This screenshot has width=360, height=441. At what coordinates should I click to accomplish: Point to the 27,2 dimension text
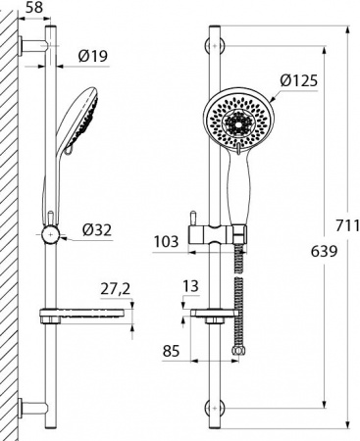[117, 290]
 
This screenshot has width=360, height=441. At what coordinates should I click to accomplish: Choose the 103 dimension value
[168, 239]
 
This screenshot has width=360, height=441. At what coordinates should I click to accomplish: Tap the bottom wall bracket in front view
[215, 407]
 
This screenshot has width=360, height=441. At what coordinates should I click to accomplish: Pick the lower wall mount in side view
[37, 407]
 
